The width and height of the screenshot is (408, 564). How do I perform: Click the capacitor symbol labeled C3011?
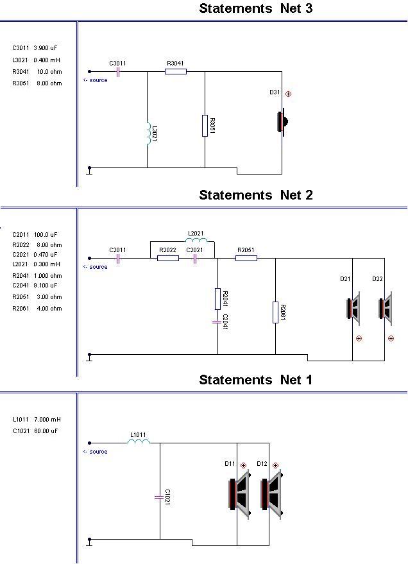point(118,72)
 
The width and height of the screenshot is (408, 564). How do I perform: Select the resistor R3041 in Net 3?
point(176,72)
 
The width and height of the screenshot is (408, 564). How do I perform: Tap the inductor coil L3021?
point(148,133)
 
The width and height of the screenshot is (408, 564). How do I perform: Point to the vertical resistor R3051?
point(205,126)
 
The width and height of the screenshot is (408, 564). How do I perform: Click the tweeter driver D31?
point(282,122)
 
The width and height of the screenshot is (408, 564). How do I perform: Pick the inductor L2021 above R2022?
point(196,240)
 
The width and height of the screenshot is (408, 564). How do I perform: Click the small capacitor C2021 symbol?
point(194,259)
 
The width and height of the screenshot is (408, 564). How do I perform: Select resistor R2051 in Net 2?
point(246,259)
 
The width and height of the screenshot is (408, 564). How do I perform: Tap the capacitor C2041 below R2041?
point(217,322)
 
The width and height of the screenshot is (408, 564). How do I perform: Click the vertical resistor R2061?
point(275,312)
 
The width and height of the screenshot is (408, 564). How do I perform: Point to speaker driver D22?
point(386,309)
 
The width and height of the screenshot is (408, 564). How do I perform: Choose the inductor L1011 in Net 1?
point(139,441)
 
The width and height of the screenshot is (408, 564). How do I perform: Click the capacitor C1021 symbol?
point(159,497)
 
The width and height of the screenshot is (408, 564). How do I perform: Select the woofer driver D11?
point(239,494)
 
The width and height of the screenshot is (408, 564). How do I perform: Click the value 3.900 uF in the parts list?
point(46,48)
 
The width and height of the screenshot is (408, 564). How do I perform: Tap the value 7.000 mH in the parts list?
point(47,420)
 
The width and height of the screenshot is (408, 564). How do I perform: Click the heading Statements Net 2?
point(256,195)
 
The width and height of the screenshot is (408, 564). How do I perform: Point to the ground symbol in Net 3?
point(90,171)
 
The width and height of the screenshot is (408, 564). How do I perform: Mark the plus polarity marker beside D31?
point(288,94)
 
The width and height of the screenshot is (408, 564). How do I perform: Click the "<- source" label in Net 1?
point(95,452)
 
